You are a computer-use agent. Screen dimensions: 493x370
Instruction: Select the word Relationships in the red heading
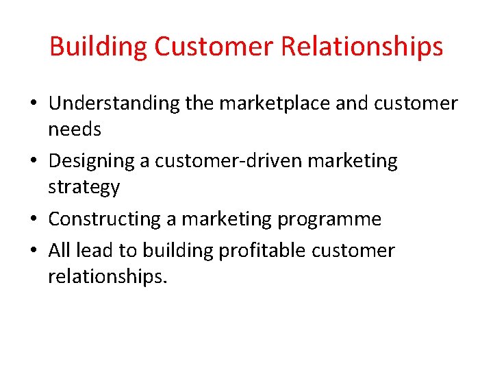362,47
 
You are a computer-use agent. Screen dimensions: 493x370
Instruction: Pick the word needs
75,129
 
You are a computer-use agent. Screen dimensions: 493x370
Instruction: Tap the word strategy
84,186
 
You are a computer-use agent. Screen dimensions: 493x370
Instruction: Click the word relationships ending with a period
108,276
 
